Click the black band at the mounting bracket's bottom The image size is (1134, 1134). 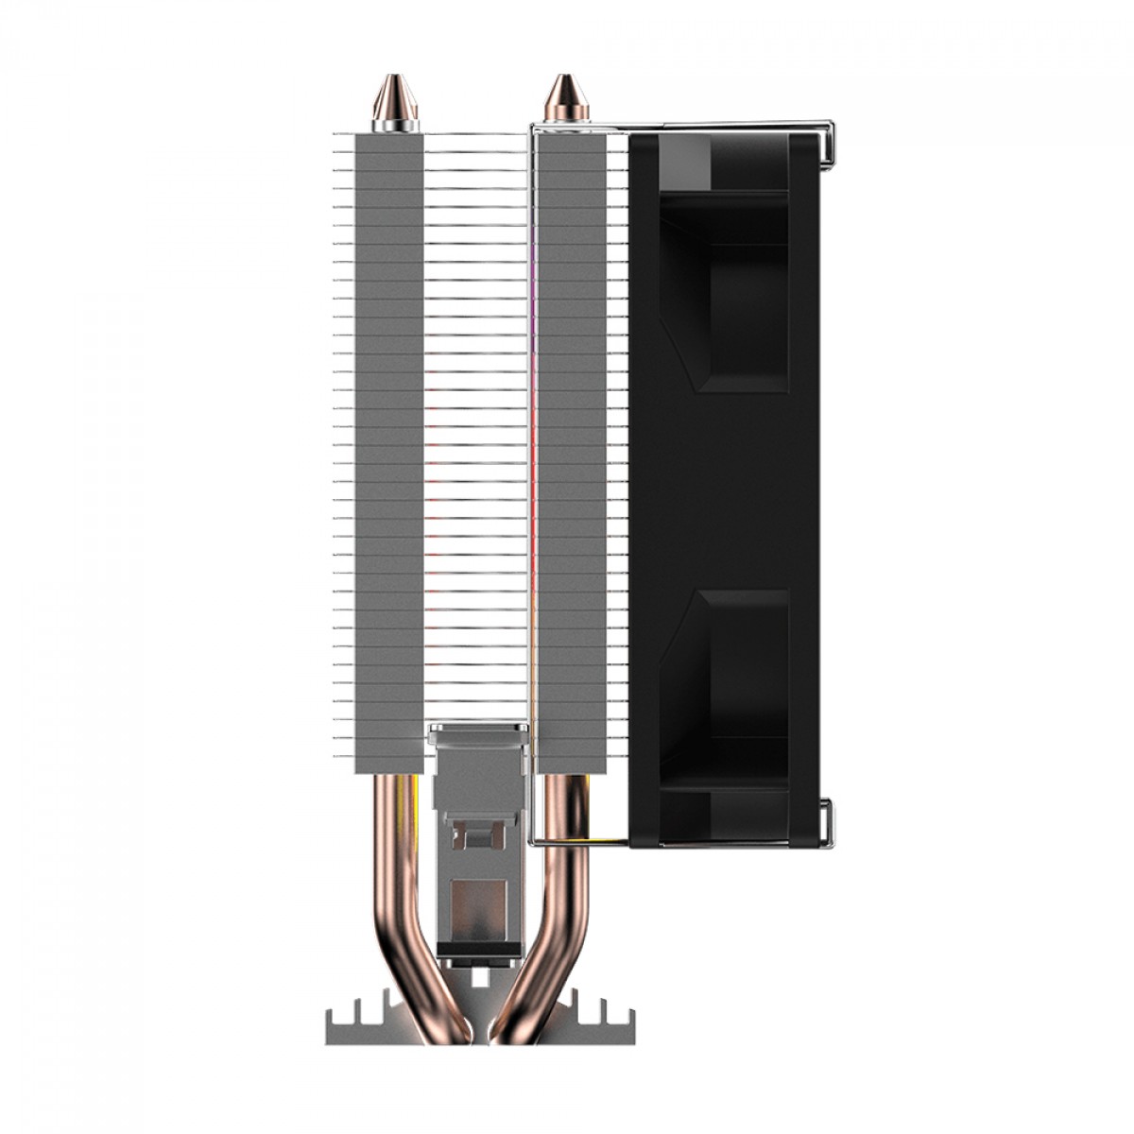point(478,951)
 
